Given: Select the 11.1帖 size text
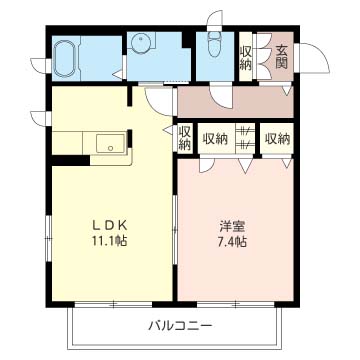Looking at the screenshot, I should [111, 242].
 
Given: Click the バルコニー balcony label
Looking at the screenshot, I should [180, 326].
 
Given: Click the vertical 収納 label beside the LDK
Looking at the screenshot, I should [185, 137].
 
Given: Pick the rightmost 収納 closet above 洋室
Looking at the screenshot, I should [278, 138].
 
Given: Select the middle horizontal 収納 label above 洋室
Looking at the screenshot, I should [215, 138].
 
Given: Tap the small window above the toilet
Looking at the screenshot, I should [211, 17].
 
